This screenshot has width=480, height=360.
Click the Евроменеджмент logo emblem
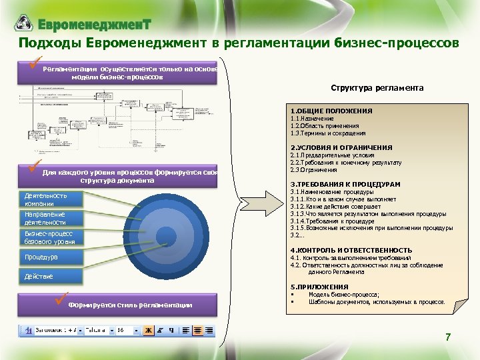tap(24, 23)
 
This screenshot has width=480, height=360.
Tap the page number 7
tap(448, 338)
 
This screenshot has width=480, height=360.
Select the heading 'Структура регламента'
tap(377, 88)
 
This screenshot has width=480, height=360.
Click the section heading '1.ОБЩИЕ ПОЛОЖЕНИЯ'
tap(331, 111)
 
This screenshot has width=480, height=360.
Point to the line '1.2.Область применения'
tap(325, 125)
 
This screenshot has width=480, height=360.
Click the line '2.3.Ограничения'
tap(313, 170)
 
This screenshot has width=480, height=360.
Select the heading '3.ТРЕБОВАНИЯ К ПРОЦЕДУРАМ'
tap(345, 184)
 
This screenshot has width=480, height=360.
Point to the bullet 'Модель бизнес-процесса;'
tap(344, 295)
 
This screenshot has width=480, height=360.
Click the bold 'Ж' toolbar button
tap(148, 330)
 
